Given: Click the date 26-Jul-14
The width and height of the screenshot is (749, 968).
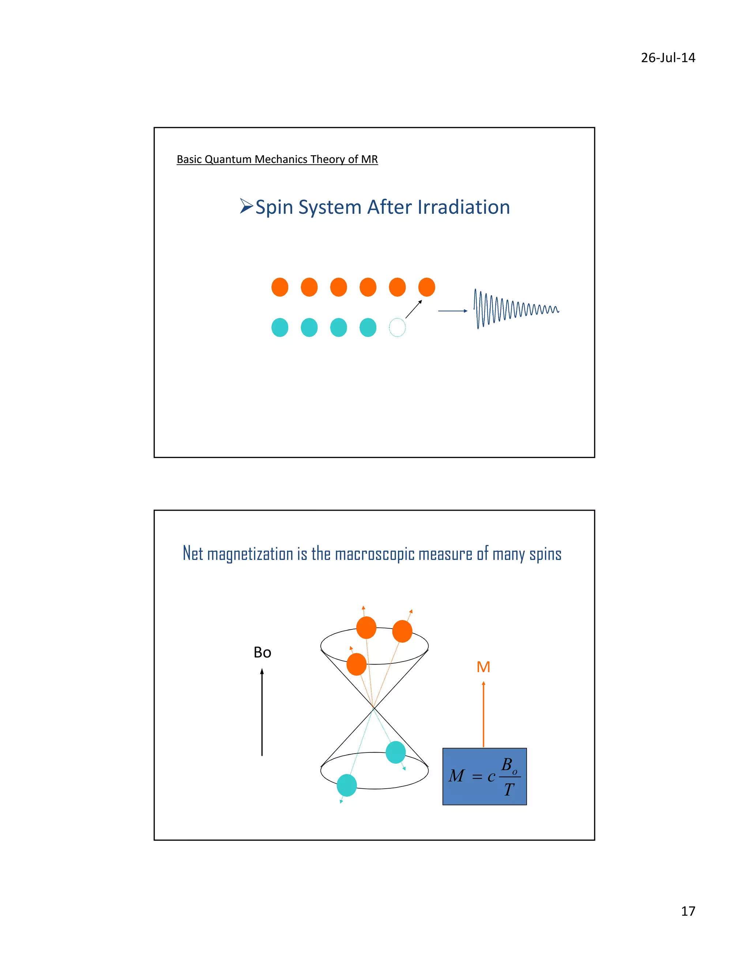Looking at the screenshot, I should (668, 58).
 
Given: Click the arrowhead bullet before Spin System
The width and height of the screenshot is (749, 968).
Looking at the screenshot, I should (246, 206).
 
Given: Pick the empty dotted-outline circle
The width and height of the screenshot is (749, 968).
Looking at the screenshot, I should (397, 328).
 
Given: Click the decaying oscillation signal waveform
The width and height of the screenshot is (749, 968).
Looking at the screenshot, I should (515, 309).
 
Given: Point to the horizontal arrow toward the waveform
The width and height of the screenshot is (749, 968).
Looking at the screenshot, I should (453, 311).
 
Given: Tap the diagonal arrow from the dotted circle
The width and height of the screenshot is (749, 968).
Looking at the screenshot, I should (414, 309).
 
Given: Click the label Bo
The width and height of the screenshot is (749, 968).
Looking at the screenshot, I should (262, 652).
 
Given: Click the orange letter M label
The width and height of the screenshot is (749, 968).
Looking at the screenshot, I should (483, 667).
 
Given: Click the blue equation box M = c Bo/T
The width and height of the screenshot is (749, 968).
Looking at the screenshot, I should (485, 777).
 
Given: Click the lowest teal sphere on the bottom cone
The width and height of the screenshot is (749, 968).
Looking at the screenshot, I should (347, 785).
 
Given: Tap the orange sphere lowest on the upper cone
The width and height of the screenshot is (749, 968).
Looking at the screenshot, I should (356, 664).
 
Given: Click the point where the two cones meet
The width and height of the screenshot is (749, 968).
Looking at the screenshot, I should (374, 708).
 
